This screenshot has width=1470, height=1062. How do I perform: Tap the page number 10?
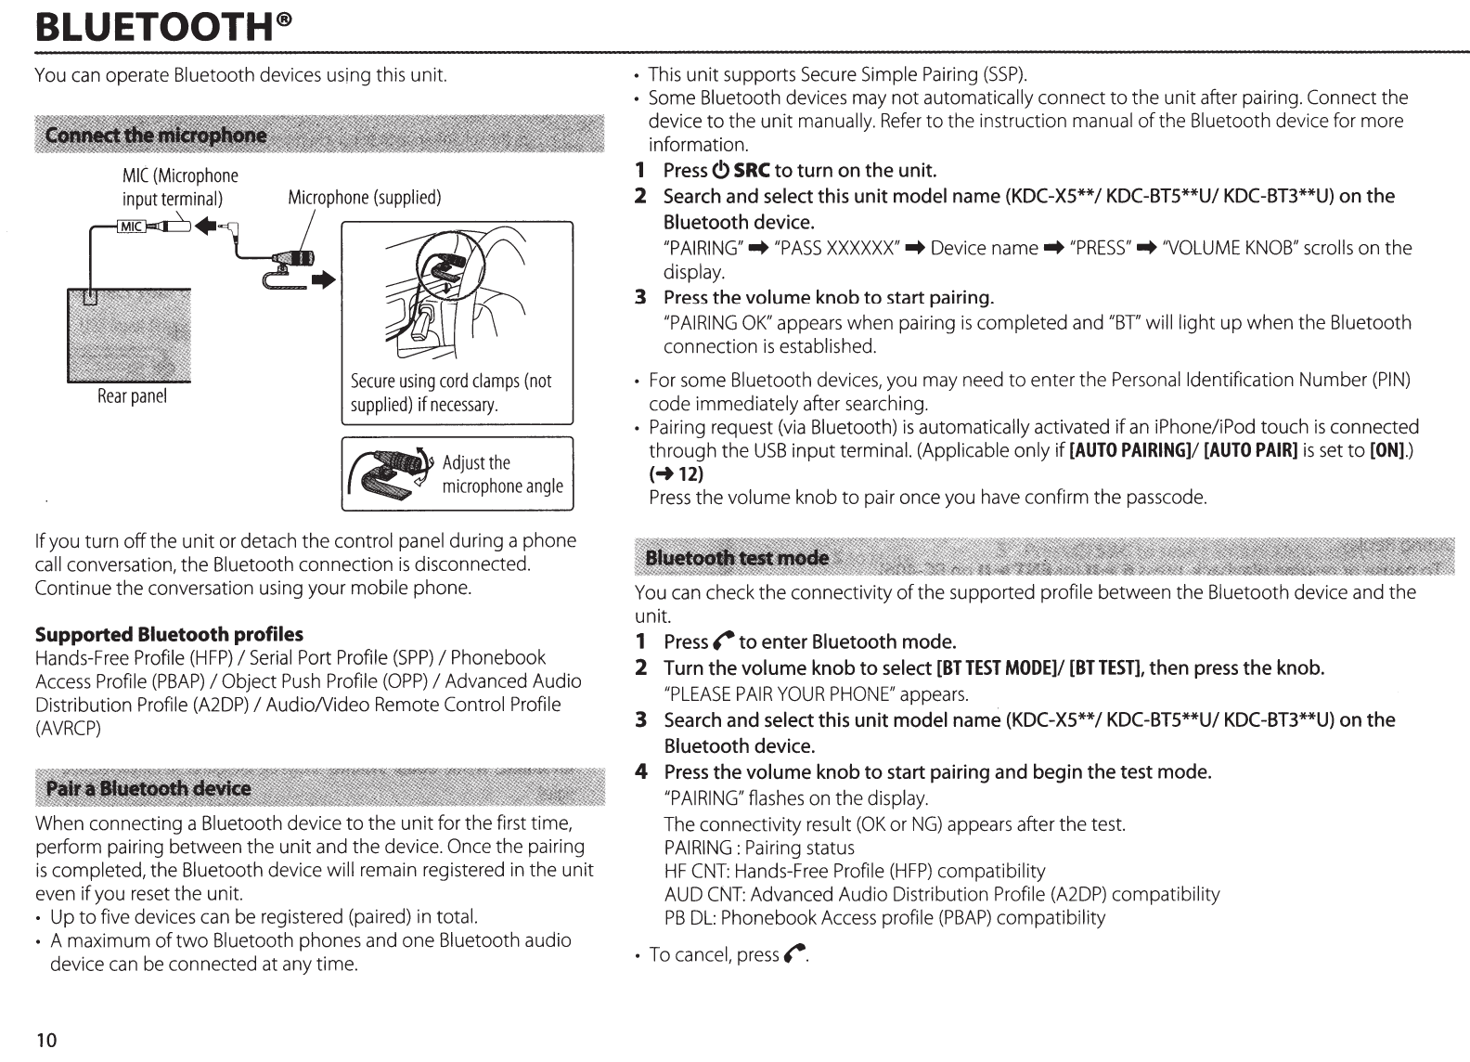[46, 1040]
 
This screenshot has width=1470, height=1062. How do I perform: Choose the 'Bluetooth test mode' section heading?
[737, 557]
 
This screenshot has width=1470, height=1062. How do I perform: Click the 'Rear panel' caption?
[132, 396]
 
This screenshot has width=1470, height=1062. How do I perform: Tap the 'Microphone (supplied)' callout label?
[364, 198]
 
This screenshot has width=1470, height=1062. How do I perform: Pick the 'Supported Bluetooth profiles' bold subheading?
[169, 635]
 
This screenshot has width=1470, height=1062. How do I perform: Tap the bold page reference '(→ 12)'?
[676, 474]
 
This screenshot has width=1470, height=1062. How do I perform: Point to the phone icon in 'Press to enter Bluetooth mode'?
[724, 642]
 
